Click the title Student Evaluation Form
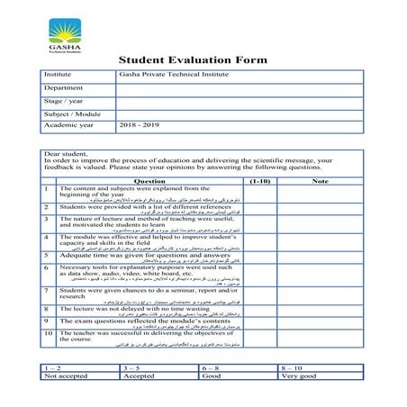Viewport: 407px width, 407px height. click(x=193, y=60)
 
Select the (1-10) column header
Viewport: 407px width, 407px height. click(x=259, y=181)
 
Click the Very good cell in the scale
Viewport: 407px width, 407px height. click(x=300, y=375)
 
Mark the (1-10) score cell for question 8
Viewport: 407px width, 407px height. click(x=259, y=311)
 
